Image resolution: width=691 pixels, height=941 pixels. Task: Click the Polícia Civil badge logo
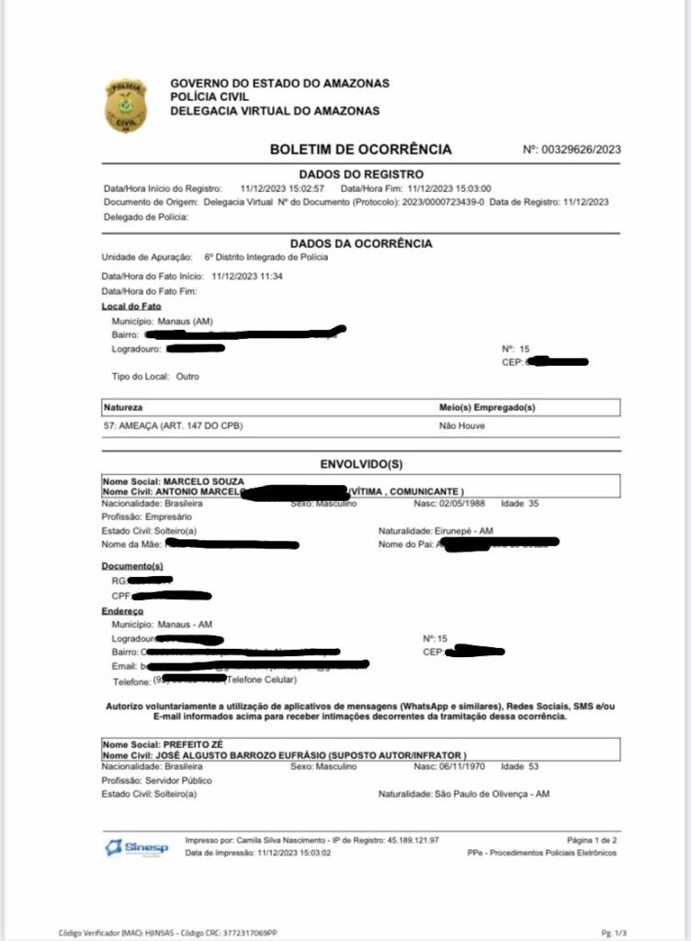coord(124,105)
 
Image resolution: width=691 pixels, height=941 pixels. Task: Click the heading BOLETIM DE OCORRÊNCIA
coord(360,149)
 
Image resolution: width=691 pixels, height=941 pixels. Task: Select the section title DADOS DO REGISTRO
coord(361,174)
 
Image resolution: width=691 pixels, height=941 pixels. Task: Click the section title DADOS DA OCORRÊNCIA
coord(361,244)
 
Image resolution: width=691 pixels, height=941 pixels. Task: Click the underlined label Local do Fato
coord(131,306)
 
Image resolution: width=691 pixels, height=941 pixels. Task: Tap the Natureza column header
coord(124,406)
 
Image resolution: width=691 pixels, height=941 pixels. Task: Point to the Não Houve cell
coord(462,426)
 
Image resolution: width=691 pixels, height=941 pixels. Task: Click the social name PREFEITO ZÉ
coord(194,744)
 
